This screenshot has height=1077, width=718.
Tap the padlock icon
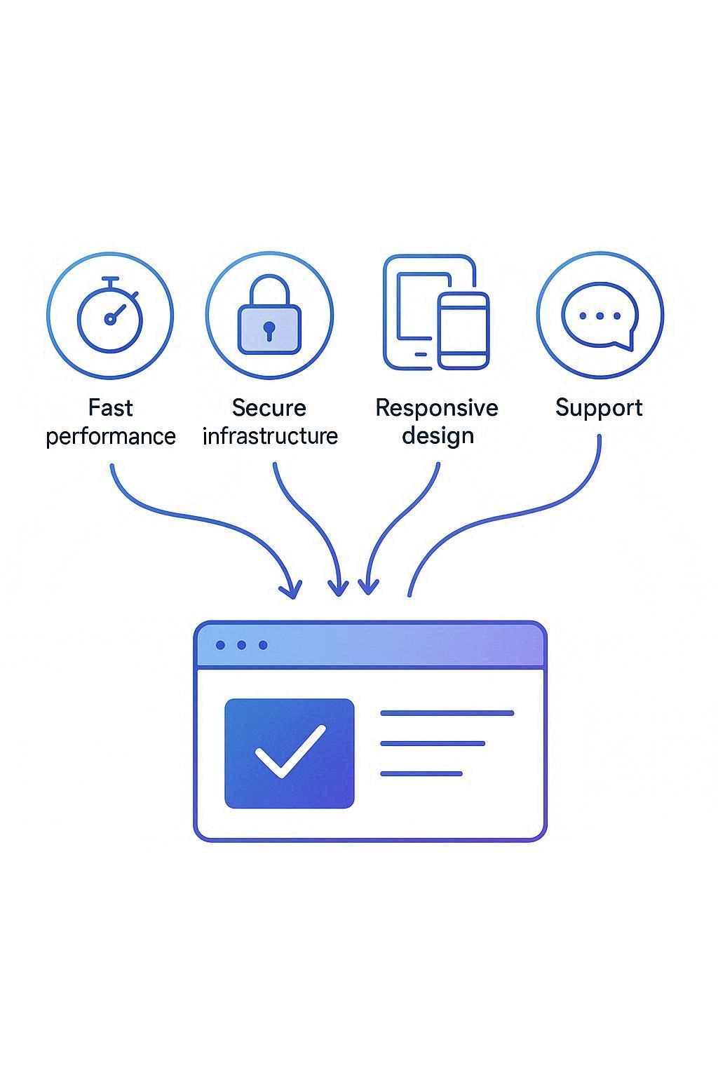[x=269, y=314]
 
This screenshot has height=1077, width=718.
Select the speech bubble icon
[x=600, y=316]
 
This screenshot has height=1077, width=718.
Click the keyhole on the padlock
[x=269, y=330]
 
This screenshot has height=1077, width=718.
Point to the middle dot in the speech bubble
[x=600, y=316]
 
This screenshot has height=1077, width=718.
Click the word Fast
[x=111, y=407]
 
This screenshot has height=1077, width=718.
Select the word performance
[x=111, y=437]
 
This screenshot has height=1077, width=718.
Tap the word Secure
[x=269, y=407]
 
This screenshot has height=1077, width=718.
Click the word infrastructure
[x=270, y=435]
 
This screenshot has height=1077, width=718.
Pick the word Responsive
[x=437, y=407]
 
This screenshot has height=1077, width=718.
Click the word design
[x=438, y=436]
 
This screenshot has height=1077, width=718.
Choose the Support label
[x=600, y=408]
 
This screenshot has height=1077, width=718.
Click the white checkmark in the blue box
[x=290, y=751]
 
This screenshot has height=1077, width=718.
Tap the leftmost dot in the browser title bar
[x=220, y=645]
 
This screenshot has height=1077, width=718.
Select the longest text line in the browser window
[x=447, y=713]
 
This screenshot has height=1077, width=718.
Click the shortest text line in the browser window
[x=421, y=773]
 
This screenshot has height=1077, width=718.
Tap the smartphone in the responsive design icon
[x=463, y=331]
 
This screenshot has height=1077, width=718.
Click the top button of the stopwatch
[x=110, y=279]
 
